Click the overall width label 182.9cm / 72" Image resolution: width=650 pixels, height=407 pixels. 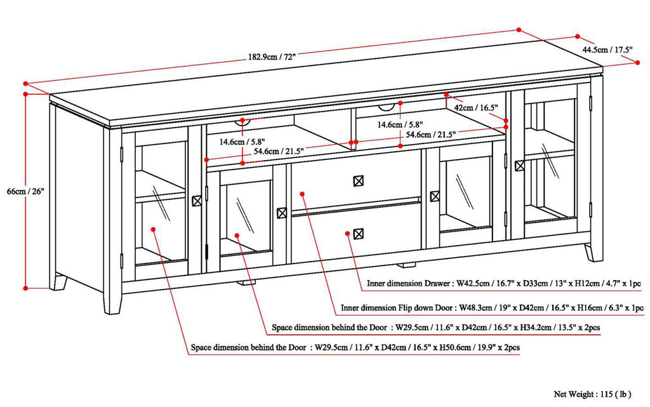(272, 56)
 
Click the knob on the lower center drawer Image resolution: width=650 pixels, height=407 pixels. (359, 233)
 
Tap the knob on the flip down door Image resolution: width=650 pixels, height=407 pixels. (359, 181)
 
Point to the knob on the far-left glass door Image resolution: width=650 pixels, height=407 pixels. (196, 200)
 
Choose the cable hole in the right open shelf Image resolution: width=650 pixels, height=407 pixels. (402, 105)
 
